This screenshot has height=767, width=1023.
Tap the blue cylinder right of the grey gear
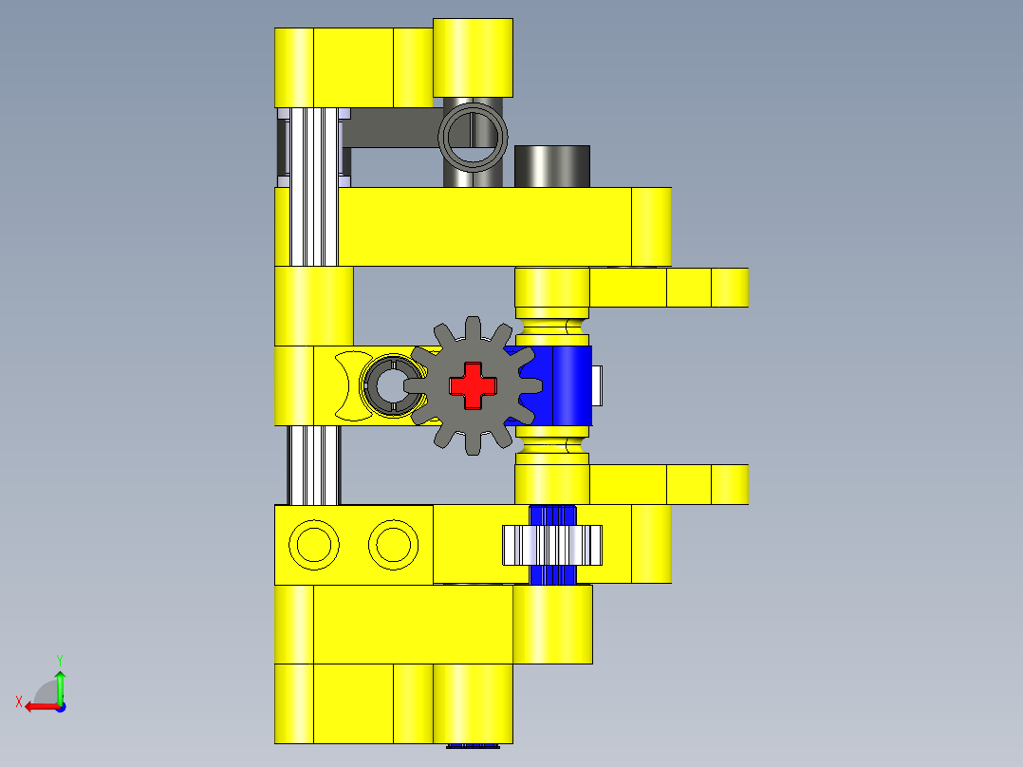566,384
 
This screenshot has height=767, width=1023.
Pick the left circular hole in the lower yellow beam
312,545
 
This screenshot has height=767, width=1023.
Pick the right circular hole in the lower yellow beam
392,545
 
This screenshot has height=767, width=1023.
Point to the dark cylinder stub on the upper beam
551,166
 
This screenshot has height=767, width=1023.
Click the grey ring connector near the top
473,137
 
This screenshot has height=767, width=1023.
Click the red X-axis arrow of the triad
38,706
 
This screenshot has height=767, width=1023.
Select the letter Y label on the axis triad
59,659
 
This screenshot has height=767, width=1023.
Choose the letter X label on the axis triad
18,702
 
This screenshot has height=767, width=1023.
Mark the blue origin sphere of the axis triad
60,706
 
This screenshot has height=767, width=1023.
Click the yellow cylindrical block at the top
473,57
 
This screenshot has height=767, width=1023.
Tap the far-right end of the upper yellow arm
730,288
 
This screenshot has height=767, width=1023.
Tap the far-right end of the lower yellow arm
730,484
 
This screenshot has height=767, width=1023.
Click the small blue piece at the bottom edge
473,746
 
